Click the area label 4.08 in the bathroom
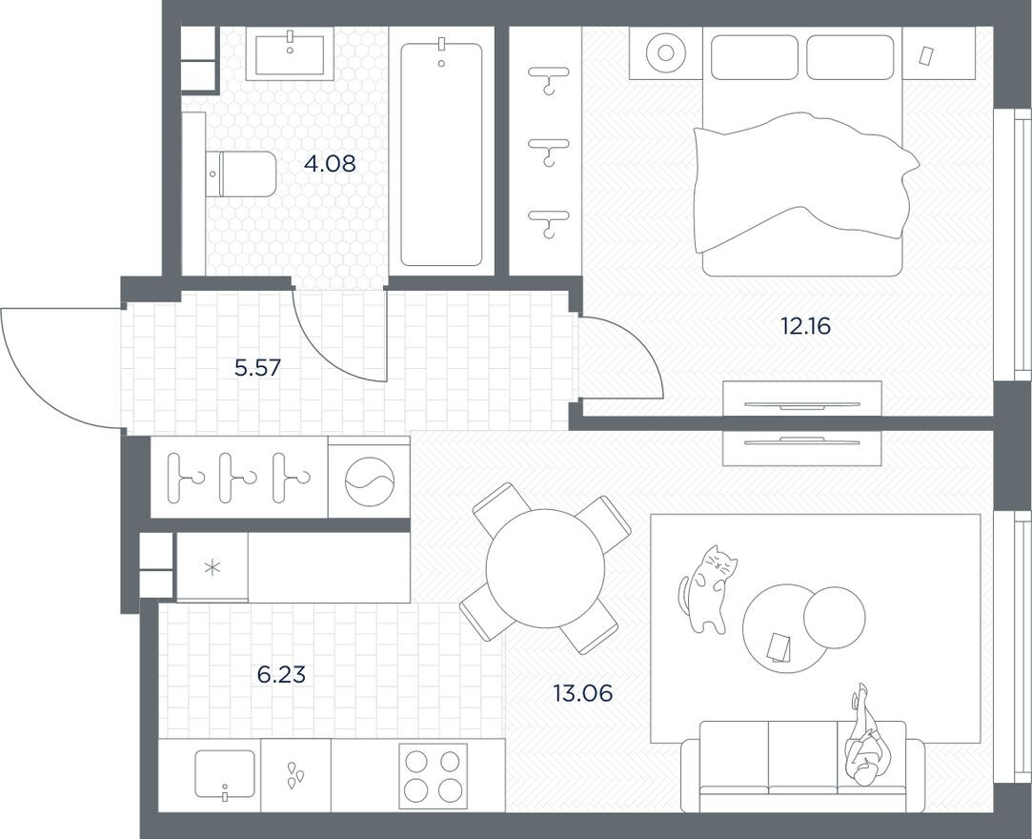[329, 164]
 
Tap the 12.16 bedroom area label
[805, 327]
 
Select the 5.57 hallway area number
[257, 368]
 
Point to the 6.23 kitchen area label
[281, 675]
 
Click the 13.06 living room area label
[582, 693]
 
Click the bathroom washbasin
[290, 53]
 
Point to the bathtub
[440, 153]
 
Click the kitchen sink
[225, 773]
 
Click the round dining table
[545, 568]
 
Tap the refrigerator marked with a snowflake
[212, 567]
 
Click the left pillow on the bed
[754, 57]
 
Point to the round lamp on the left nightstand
[664, 53]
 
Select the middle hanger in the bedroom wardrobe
[549, 149]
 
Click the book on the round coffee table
[779, 647]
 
